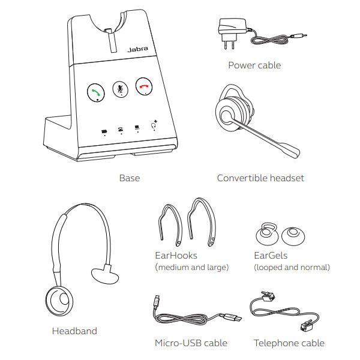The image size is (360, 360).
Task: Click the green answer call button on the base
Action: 95,92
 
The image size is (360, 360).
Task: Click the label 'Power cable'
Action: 254,65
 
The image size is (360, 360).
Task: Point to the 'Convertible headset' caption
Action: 260,178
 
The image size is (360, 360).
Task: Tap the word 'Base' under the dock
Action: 129,178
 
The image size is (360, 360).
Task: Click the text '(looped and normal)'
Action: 292,267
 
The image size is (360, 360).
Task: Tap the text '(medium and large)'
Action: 191,267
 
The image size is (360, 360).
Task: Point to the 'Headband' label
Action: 74,331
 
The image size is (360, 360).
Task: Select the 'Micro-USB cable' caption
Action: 191,343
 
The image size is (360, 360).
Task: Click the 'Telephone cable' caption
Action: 289,343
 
